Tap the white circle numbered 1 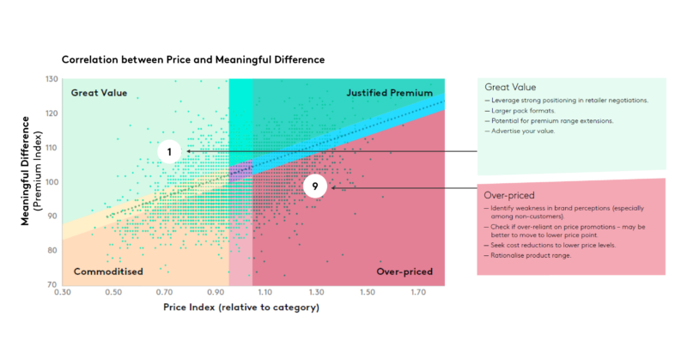(170, 152)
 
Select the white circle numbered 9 (315, 186)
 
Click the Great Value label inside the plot (99, 92)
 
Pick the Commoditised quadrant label (107, 272)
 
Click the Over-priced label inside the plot (404, 272)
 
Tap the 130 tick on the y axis (51, 80)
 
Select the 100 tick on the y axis (51, 182)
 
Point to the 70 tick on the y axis (52, 284)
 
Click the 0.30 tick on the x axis (62, 293)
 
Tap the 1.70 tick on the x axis (420, 293)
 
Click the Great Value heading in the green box (512, 87)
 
